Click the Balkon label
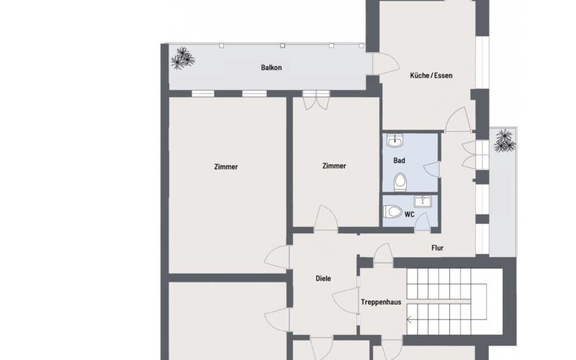(271, 68)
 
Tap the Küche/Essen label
(431, 75)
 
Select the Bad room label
(398, 161)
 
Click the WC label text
(409, 215)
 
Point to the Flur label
(437, 248)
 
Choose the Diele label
(323, 279)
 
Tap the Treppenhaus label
(380, 303)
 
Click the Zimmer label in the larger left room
(226, 167)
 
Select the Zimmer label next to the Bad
(334, 166)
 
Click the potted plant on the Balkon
(182, 57)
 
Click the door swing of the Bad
(431, 168)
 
